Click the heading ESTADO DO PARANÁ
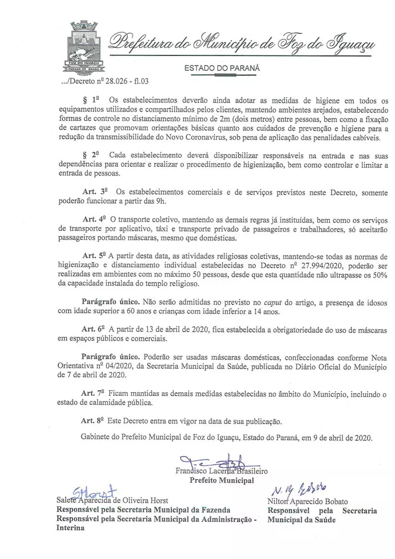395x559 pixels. [222, 68]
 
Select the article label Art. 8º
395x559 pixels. [93, 420]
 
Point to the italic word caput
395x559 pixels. [272, 302]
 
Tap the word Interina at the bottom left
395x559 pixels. [70, 527]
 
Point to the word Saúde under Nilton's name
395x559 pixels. [324, 520]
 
